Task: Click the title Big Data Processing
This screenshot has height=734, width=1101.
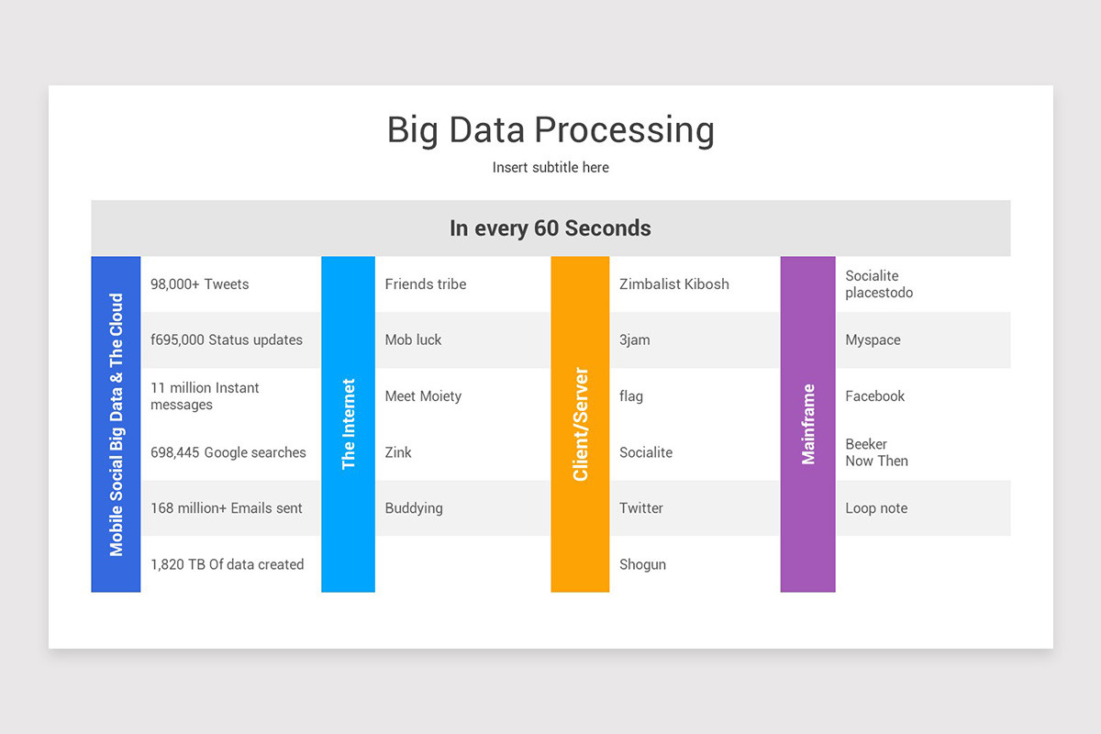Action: click(x=550, y=129)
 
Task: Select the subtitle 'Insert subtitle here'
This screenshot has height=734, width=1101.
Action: click(x=550, y=167)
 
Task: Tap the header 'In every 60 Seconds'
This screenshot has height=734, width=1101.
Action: click(x=550, y=228)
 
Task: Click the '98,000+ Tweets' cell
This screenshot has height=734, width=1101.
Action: click(x=200, y=284)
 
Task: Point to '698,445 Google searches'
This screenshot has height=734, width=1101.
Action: click(x=228, y=452)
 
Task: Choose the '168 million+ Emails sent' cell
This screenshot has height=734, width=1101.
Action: click(x=227, y=508)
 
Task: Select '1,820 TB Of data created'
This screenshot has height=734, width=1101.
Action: click(x=228, y=564)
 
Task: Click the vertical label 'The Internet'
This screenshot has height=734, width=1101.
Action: click(x=349, y=424)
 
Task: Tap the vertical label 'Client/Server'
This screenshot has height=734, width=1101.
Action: click(x=580, y=424)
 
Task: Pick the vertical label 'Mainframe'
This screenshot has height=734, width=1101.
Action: click(x=808, y=424)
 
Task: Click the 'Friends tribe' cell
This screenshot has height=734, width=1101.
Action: click(x=426, y=284)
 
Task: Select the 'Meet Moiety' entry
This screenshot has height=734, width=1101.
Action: click(x=423, y=396)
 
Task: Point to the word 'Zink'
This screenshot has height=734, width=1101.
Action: click(x=398, y=452)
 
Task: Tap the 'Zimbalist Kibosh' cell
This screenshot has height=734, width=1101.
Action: click(x=674, y=284)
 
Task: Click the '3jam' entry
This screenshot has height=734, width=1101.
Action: click(x=635, y=340)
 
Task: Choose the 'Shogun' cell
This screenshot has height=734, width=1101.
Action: click(x=642, y=564)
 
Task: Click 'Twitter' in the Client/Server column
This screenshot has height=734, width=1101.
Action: click(x=641, y=508)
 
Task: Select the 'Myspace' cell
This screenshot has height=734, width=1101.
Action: click(x=873, y=340)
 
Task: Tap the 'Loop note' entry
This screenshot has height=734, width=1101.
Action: click(x=876, y=508)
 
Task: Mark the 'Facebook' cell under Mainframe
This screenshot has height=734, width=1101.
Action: click(x=875, y=396)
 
